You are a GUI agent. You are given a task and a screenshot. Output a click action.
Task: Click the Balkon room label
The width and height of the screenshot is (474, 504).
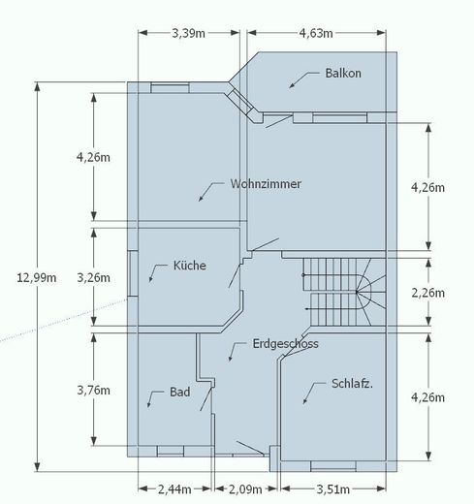pyautogui.click(x=343, y=73)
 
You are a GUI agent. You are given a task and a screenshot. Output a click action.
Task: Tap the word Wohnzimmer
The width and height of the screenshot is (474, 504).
pyautogui.click(x=266, y=184)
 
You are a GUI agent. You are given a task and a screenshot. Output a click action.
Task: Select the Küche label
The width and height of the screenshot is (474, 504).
pyautogui.click(x=190, y=266)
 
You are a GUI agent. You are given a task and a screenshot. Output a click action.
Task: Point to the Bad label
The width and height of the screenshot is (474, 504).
pyautogui.click(x=179, y=392)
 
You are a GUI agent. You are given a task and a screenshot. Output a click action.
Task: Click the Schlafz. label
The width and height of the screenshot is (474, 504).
pyautogui.click(x=352, y=384)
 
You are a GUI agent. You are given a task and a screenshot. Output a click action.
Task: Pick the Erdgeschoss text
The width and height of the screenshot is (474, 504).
pyautogui.click(x=285, y=344)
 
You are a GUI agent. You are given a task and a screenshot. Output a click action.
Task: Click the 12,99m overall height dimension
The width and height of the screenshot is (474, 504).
pyautogui.click(x=37, y=277)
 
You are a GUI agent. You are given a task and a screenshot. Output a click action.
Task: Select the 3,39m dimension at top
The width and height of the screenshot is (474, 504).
pyautogui.click(x=188, y=33)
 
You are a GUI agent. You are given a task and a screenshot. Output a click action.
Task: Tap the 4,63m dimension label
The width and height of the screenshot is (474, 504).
pyautogui.click(x=316, y=33)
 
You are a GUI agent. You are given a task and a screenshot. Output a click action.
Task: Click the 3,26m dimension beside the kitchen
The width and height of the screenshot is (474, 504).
pyautogui.click(x=93, y=277)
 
